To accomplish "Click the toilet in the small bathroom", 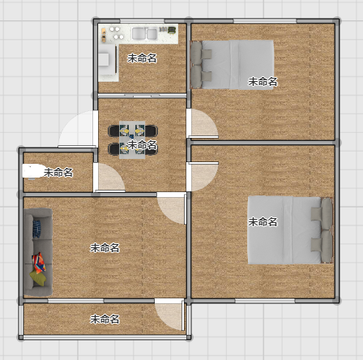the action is [33, 171].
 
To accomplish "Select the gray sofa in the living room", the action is [38, 252].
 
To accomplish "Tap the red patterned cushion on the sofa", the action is [39, 263].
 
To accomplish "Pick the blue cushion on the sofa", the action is [36, 229].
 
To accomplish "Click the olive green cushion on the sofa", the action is [37, 277].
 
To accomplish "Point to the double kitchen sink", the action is [144, 34].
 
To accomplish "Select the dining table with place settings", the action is [132, 139].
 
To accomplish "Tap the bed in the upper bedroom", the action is [233, 65].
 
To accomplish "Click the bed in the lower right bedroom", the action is [290, 230].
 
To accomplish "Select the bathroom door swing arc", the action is [109, 178].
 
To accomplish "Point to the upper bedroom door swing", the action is [203, 123].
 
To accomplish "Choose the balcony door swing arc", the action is [170, 315].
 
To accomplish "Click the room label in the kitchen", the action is [142, 58].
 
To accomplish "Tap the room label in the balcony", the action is [105, 319].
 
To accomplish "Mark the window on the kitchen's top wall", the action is [142, 21].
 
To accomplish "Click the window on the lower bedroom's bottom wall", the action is [265, 301].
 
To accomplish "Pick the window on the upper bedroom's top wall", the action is [265, 21].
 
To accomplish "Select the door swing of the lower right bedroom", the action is [203, 177].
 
